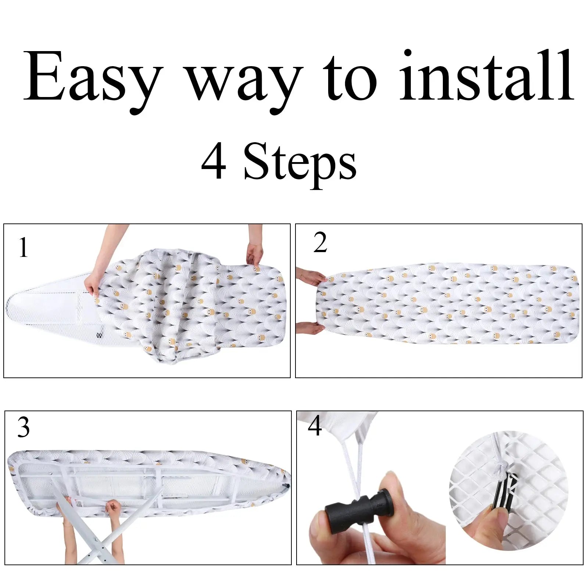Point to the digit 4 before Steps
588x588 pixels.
[x=214, y=162]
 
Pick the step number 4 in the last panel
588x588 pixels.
[x=315, y=426]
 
